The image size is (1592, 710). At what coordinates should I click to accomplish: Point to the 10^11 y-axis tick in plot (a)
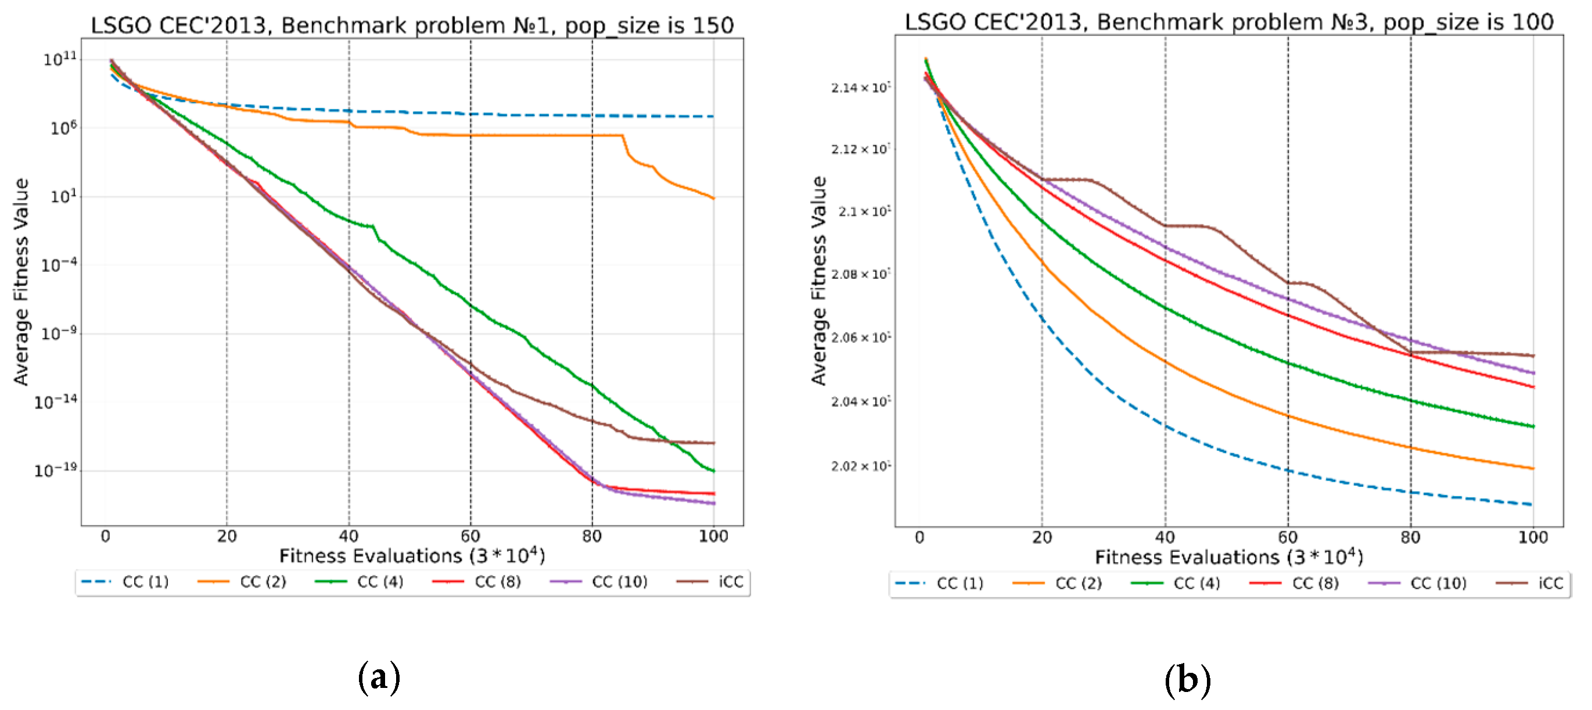pos(60,59)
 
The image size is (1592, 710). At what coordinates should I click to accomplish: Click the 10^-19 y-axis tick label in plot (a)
pos(56,471)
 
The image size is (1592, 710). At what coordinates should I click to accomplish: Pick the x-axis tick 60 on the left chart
pos(470,536)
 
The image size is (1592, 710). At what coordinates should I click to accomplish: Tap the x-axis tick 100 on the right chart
pos(1532,537)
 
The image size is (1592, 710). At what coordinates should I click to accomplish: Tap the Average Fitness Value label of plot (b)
pos(818,281)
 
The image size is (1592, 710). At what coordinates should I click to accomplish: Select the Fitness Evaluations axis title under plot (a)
pos(412,556)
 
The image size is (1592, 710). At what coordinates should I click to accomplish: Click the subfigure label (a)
pos(379,677)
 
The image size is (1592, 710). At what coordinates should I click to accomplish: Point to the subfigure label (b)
pos(1187,679)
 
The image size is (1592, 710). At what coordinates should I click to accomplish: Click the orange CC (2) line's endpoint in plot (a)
pos(714,199)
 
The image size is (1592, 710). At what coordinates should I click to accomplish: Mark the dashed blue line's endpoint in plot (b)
pos(1532,505)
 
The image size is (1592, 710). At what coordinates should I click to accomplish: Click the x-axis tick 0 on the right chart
pos(919,537)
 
